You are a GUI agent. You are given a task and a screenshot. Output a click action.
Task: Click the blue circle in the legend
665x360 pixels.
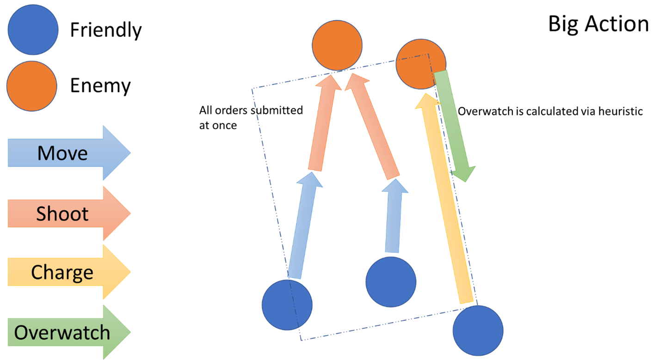tap(33, 29)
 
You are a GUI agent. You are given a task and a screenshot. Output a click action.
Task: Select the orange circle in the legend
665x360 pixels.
tap(32, 86)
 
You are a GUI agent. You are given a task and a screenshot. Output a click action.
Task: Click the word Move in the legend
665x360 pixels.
tap(62, 153)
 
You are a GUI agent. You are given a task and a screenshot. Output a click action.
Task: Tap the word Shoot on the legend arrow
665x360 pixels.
tap(62, 214)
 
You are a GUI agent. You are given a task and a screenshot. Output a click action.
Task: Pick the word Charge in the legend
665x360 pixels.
tap(62, 273)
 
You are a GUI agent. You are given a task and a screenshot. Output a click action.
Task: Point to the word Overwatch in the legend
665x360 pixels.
tap(62, 333)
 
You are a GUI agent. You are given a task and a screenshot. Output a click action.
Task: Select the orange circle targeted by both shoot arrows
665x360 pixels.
tap(337, 45)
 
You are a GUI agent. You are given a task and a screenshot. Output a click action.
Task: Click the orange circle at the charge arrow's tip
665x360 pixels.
tap(421, 64)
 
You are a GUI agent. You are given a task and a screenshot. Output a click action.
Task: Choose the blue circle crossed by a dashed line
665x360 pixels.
tap(287, 305)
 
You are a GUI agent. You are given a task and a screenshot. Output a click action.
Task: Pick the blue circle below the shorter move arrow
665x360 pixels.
tap(390, 281)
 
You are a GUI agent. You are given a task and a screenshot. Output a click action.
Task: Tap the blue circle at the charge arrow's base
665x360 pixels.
tap(478, 329)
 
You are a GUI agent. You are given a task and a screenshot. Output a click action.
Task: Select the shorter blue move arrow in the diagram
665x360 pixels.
tap(394, 215)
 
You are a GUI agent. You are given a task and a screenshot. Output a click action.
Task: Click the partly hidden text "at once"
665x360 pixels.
tap(218, 126)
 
